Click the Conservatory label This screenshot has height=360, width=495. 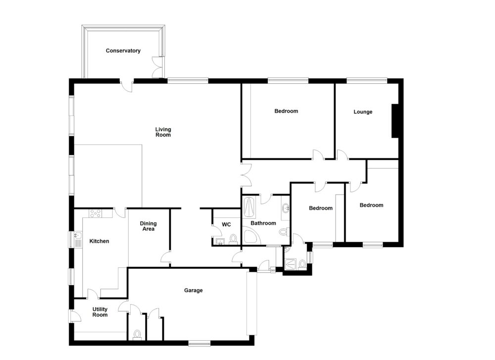(x=123, y=51)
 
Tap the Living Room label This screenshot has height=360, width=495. (x=163, y=132)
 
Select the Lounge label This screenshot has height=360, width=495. (x=363, y=112)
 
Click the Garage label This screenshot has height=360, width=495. (x=194, y=291)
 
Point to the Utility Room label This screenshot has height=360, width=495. (x=100, y=312)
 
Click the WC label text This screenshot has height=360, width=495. (x=226, y=225)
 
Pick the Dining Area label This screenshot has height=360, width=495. (x=148, y=226)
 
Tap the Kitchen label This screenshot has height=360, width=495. (x=99, y=241)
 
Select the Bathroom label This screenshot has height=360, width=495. (x=263, y=223)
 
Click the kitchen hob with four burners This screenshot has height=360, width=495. (x=95, y=213)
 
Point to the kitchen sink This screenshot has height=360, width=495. (x=78, y=239)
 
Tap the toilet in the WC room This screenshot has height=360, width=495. (x=233, y=239)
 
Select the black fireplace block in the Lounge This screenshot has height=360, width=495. (x=395, y=121)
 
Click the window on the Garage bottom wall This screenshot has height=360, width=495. (x=199, y=342)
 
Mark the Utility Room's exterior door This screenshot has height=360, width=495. (x=72, y=315)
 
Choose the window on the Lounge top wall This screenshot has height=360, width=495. (x=366, y=80)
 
